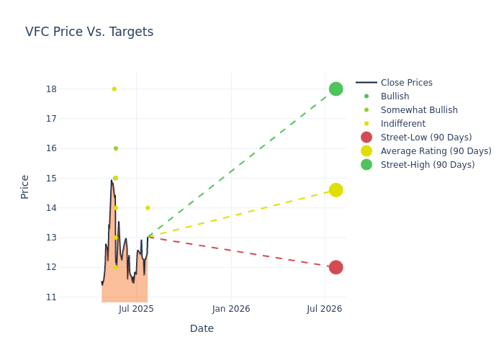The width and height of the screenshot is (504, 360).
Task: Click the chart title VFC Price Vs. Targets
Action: tap(89, 32)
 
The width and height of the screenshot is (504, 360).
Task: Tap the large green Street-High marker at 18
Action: tap(336, 89)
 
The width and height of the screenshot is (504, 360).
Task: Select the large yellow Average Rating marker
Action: tap(336, 190)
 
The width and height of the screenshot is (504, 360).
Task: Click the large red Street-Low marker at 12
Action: tap(336, 267)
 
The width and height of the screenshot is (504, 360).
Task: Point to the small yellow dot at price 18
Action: tap(114, 89)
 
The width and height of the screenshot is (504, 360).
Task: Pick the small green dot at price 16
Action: tap(115, 148)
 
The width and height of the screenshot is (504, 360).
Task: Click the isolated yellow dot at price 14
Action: tap(148, 208)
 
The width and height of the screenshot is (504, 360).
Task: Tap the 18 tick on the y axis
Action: tap(50, 89)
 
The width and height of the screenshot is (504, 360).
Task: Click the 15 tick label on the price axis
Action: tap(50, 178)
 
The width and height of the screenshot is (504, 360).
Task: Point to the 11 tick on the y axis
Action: tap(50, 297)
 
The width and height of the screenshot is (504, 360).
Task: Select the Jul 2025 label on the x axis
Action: tap(137, 309)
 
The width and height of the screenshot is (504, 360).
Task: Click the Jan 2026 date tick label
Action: tap(231, 309)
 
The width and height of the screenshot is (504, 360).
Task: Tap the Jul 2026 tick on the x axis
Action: tap(324, 309)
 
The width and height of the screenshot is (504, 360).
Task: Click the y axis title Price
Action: tap(25, 186)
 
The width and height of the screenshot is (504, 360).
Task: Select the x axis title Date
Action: tap(202, 328)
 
